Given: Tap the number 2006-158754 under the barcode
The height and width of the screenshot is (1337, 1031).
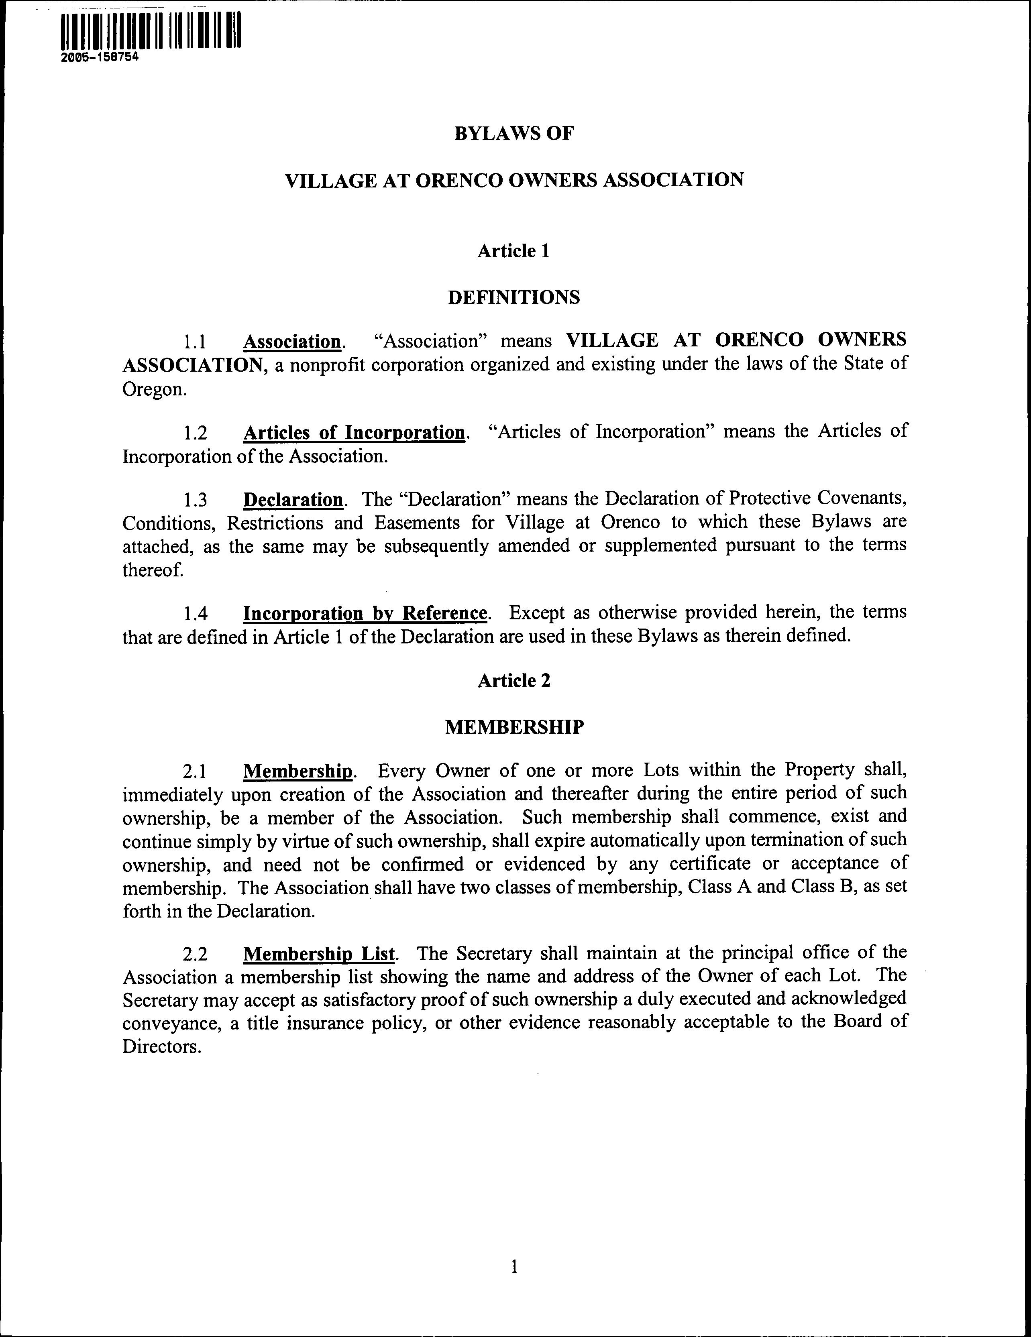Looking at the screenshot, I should pos(100,57).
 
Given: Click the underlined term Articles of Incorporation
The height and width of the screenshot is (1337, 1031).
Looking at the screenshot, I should pos(354,433).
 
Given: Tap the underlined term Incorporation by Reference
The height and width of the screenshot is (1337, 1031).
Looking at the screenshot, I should pos(365,613).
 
